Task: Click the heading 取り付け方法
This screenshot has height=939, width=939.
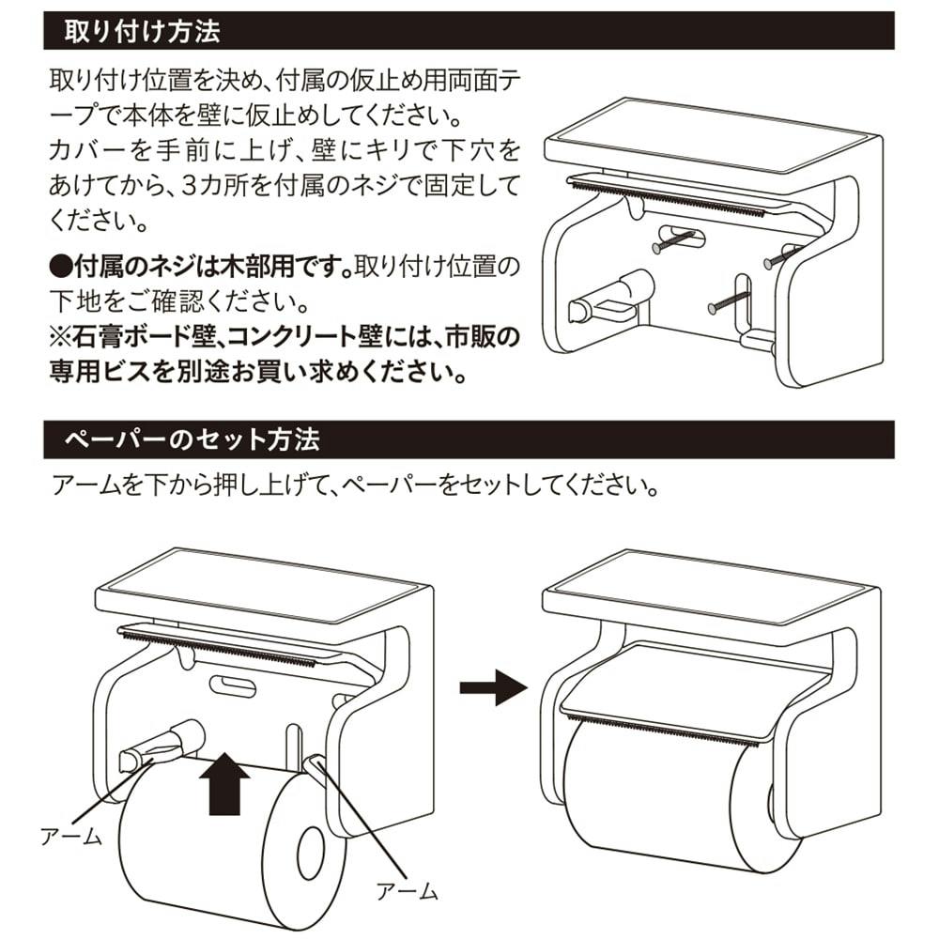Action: pyautogui.click(x=142, y=33)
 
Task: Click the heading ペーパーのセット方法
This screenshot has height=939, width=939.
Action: pyautogui.click(x=192, y=439)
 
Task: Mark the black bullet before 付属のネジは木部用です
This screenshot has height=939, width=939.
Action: pyautogui.click(x=59, y=268)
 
